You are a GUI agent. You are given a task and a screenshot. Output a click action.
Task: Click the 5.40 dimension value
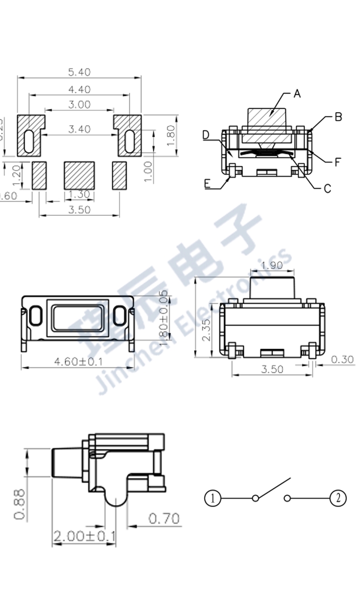point(79,72)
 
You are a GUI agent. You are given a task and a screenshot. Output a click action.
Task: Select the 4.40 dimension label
point(79,89)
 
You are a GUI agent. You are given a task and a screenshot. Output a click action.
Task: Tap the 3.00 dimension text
point(79,105)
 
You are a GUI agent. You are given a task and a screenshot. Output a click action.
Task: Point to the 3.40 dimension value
point(79,130)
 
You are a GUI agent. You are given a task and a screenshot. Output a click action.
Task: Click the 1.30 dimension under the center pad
point(79,194)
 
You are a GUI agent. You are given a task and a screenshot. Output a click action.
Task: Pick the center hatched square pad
point(79,176)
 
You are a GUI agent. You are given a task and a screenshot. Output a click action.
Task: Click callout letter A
point(297,94)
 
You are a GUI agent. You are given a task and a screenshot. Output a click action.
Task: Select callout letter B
point(339,117)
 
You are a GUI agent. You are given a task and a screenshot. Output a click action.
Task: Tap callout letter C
point(327,189)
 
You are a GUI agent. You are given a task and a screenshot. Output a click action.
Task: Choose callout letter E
point(207,184)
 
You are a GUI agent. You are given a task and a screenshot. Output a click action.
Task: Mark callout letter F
point(338,162)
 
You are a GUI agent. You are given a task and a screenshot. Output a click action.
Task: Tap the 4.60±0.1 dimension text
point(79,362)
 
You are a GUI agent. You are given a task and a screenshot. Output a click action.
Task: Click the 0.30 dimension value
point(342,360)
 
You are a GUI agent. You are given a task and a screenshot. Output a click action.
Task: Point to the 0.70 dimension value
point(164,518)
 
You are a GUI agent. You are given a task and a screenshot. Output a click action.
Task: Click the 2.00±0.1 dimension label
point(84,536)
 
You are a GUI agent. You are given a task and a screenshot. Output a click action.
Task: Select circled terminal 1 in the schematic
point(212,499)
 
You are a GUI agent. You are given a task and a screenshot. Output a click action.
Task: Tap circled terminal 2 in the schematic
point(338,499)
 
